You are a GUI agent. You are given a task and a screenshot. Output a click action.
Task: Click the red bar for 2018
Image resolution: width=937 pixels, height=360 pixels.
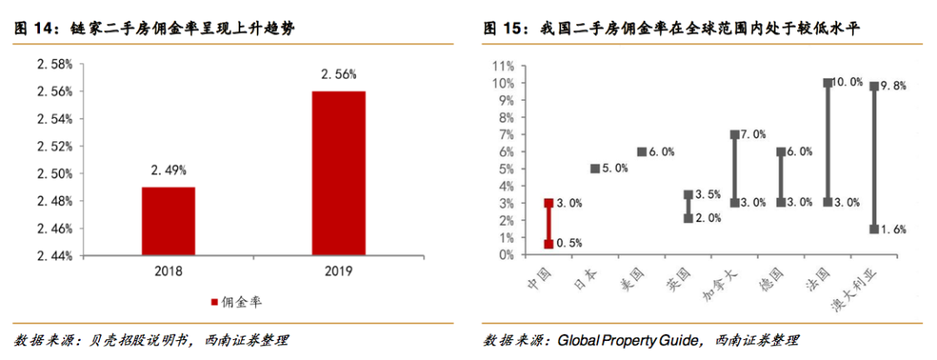(168, 221)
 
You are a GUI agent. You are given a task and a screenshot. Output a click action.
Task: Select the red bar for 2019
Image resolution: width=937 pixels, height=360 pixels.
(338, 173)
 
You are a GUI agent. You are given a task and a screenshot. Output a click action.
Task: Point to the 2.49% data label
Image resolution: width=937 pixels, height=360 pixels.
(168, 171)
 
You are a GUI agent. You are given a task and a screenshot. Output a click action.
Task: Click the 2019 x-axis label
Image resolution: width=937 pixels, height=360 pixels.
(338, 272)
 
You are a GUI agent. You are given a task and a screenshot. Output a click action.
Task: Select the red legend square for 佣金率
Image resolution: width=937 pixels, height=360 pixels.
(213, 303)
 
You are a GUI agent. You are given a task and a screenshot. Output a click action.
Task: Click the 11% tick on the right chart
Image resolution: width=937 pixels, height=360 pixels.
(503, 66)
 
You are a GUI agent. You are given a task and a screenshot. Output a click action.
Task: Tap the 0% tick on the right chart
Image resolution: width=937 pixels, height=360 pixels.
(506, 255)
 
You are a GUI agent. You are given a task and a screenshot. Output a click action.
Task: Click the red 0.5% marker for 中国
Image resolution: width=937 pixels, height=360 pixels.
(548, 244)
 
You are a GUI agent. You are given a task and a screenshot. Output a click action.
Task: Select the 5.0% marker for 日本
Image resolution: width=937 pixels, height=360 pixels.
(595, 168)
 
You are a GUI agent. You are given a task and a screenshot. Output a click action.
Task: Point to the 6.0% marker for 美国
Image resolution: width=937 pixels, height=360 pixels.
(641, 151)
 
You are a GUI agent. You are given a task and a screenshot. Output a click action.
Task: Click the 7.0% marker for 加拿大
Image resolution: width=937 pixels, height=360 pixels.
(734, 134)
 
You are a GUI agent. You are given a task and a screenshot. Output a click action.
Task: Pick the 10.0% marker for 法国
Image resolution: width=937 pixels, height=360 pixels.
(828, 83)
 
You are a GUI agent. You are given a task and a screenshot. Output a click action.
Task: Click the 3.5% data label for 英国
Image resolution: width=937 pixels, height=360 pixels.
(707, 194)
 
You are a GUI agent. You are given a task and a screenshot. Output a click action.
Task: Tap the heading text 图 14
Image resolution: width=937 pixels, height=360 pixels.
(32, 29)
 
